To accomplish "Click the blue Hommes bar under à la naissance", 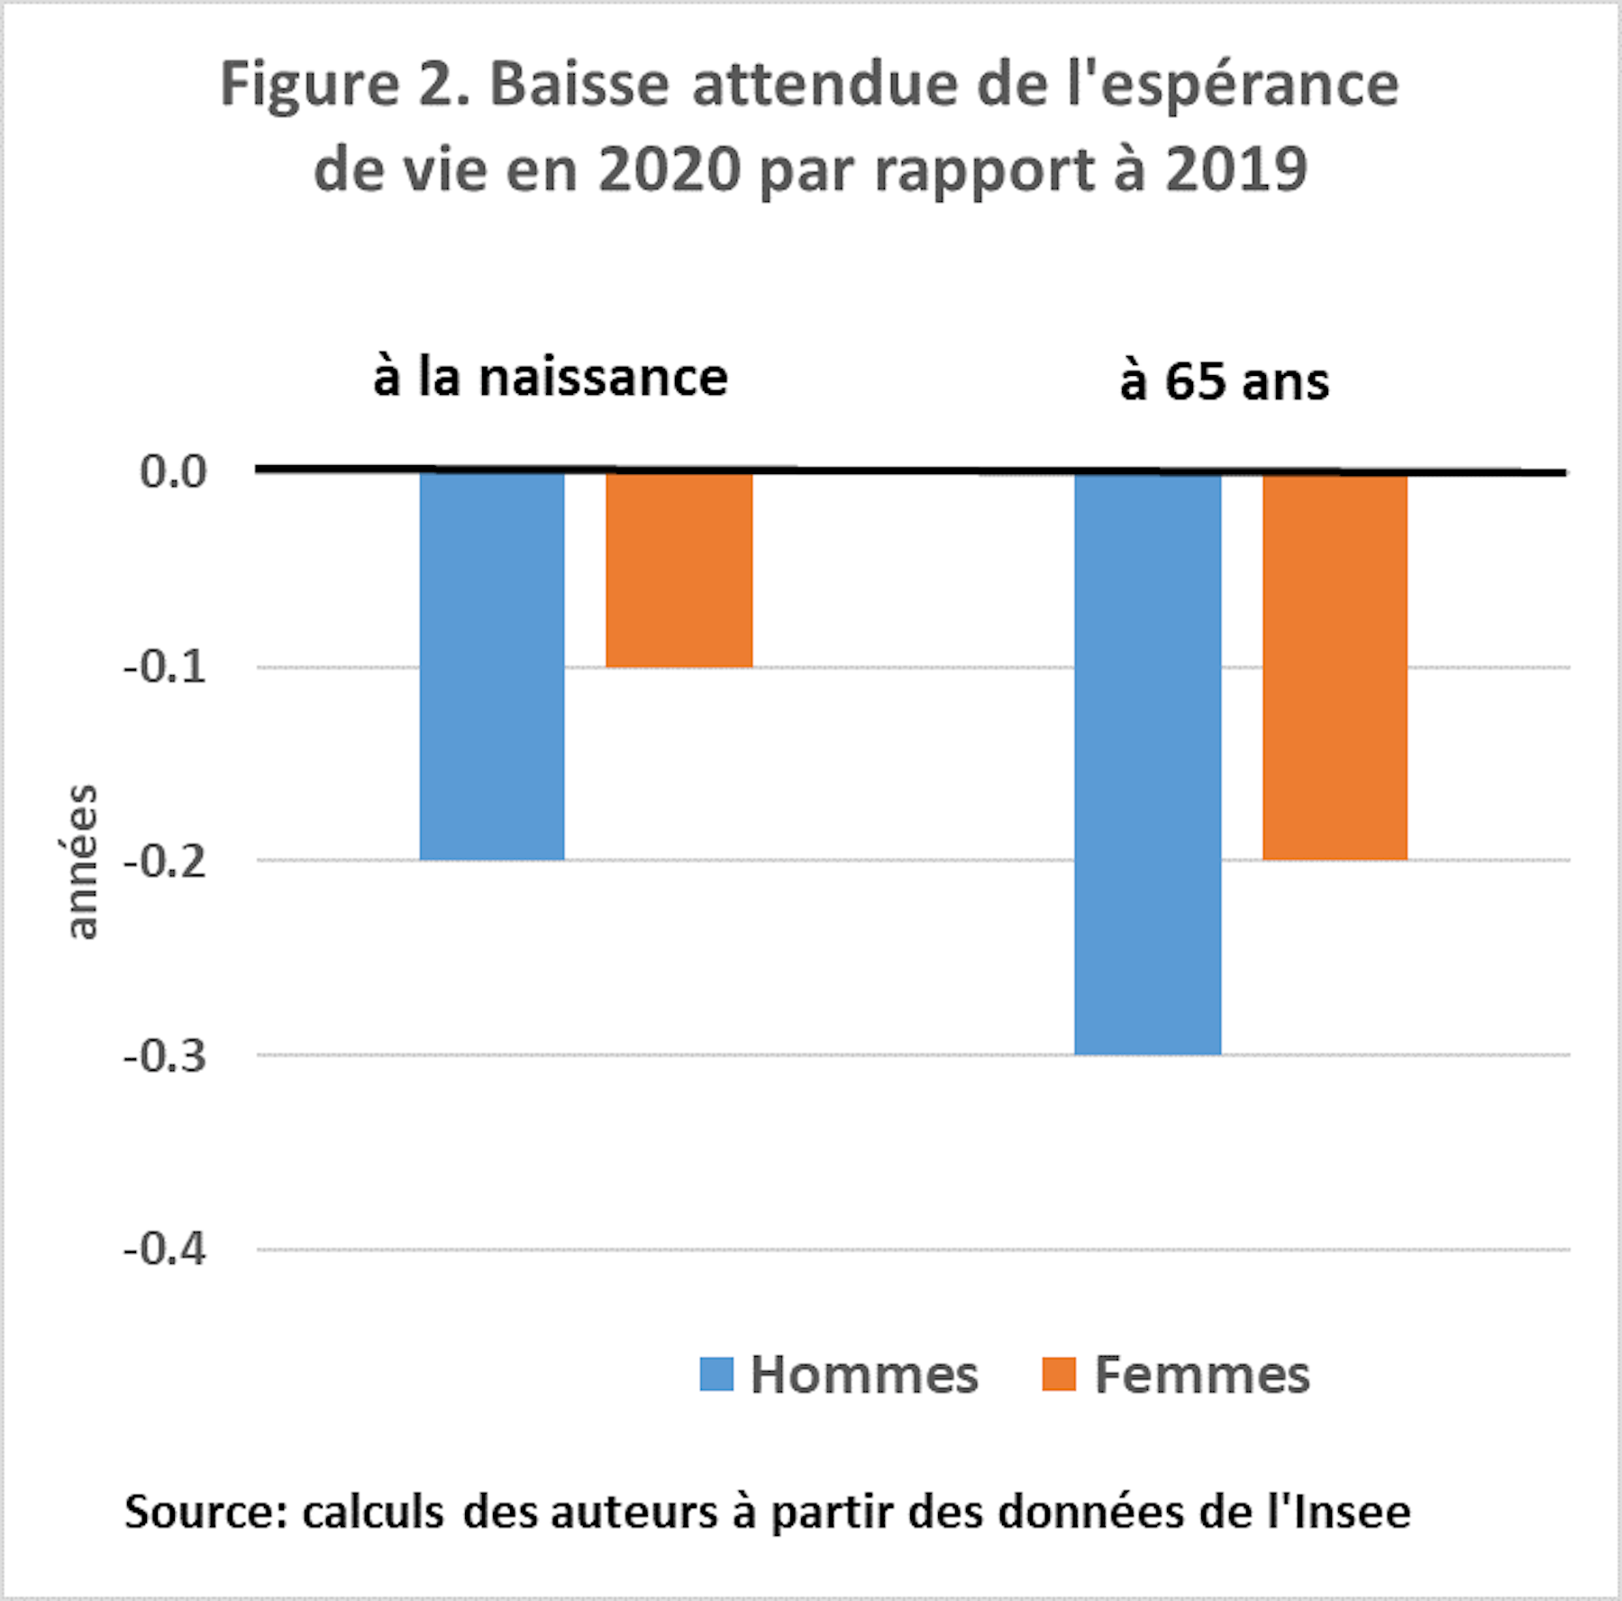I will pyautogui.click(x=492, y=665).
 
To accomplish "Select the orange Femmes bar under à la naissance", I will pyautogui.click(x=679, y=570).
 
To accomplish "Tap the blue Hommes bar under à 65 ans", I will pyautogui.click(x=1147, y=763).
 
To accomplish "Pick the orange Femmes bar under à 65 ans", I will pyautogui.click(x=1335, y=666).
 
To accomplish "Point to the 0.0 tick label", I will pyautogui.click(x=173, y=471).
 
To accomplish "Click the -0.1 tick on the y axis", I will pyautogui.click(x=165, y=667).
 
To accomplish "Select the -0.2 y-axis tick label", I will pyautogui.click(x=165, y=862).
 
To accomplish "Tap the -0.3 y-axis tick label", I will pyautogui.click(x=165, y=1056).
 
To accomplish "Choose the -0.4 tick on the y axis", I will pyautogui.click(x=165, y=1249).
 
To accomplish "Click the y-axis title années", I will pyautogui.click(x=82, y=862).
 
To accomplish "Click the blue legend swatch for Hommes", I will pyautogui.click(x=716, y=1375).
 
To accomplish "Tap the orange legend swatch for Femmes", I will pyautogui.click(x=1059, y=1375).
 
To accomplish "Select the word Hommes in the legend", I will pyautogui.click(x=864, y=1376).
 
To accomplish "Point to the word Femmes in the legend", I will pyautogui.click(x=1202, y=1376).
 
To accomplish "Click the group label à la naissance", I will pyautogui.click(x=551, y=377).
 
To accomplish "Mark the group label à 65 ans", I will pyautogui.click(x=1225, y=381).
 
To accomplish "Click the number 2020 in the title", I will pyautogui.click(x=670, y=169).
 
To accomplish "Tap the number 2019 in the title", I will pyautogui.click(x=1235, y=169).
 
